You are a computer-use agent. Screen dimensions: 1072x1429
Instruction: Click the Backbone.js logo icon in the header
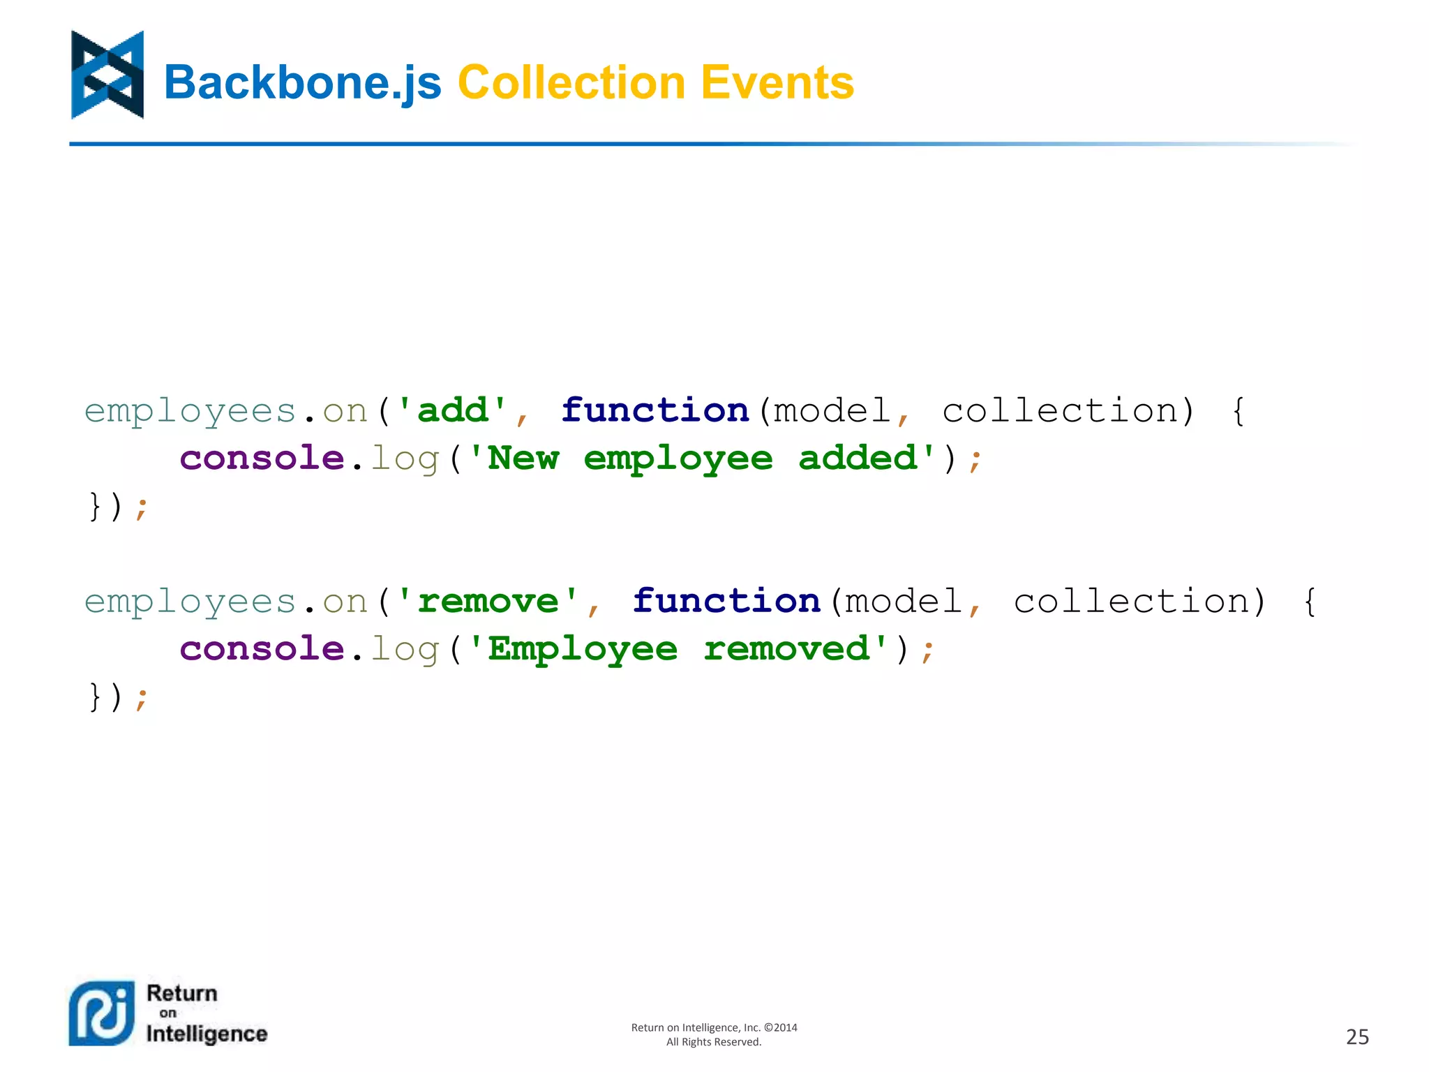coord(107,75)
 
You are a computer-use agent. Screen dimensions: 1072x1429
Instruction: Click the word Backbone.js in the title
coord(302,82)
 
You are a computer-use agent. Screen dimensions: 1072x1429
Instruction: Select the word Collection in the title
coord(571,82)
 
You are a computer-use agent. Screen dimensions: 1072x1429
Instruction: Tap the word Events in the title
coord(777,82)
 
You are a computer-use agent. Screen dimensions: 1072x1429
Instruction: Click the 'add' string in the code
coord(452,410)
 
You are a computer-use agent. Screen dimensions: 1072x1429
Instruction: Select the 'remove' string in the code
coord(488,601)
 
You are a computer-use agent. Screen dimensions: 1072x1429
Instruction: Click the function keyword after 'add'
coord(655,410)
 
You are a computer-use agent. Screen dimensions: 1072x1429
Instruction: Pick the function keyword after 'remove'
coord(726,601)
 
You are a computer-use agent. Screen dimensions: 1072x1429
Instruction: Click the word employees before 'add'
coord(190,411)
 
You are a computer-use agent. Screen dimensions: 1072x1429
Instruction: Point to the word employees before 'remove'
coord(190,602)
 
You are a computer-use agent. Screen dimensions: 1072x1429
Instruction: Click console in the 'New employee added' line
coord(262,458)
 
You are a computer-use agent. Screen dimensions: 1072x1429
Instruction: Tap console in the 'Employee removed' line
coord(262,649)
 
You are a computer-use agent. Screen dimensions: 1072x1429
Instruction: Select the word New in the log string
coord(523,458)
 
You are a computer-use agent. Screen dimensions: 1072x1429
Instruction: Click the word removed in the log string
coord(786,649)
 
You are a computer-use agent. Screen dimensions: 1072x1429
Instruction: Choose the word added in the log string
coord(858,458)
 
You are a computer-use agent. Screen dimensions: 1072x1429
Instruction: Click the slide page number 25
coord(1357,1036)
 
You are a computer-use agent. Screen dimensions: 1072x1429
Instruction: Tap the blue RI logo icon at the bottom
coord(102,1013)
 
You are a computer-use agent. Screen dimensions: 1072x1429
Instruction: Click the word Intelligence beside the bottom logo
coord(207,1034)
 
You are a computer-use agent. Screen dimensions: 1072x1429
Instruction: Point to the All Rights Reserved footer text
coord(714,1042)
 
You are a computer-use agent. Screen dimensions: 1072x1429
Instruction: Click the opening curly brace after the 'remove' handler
coord(1310,601)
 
